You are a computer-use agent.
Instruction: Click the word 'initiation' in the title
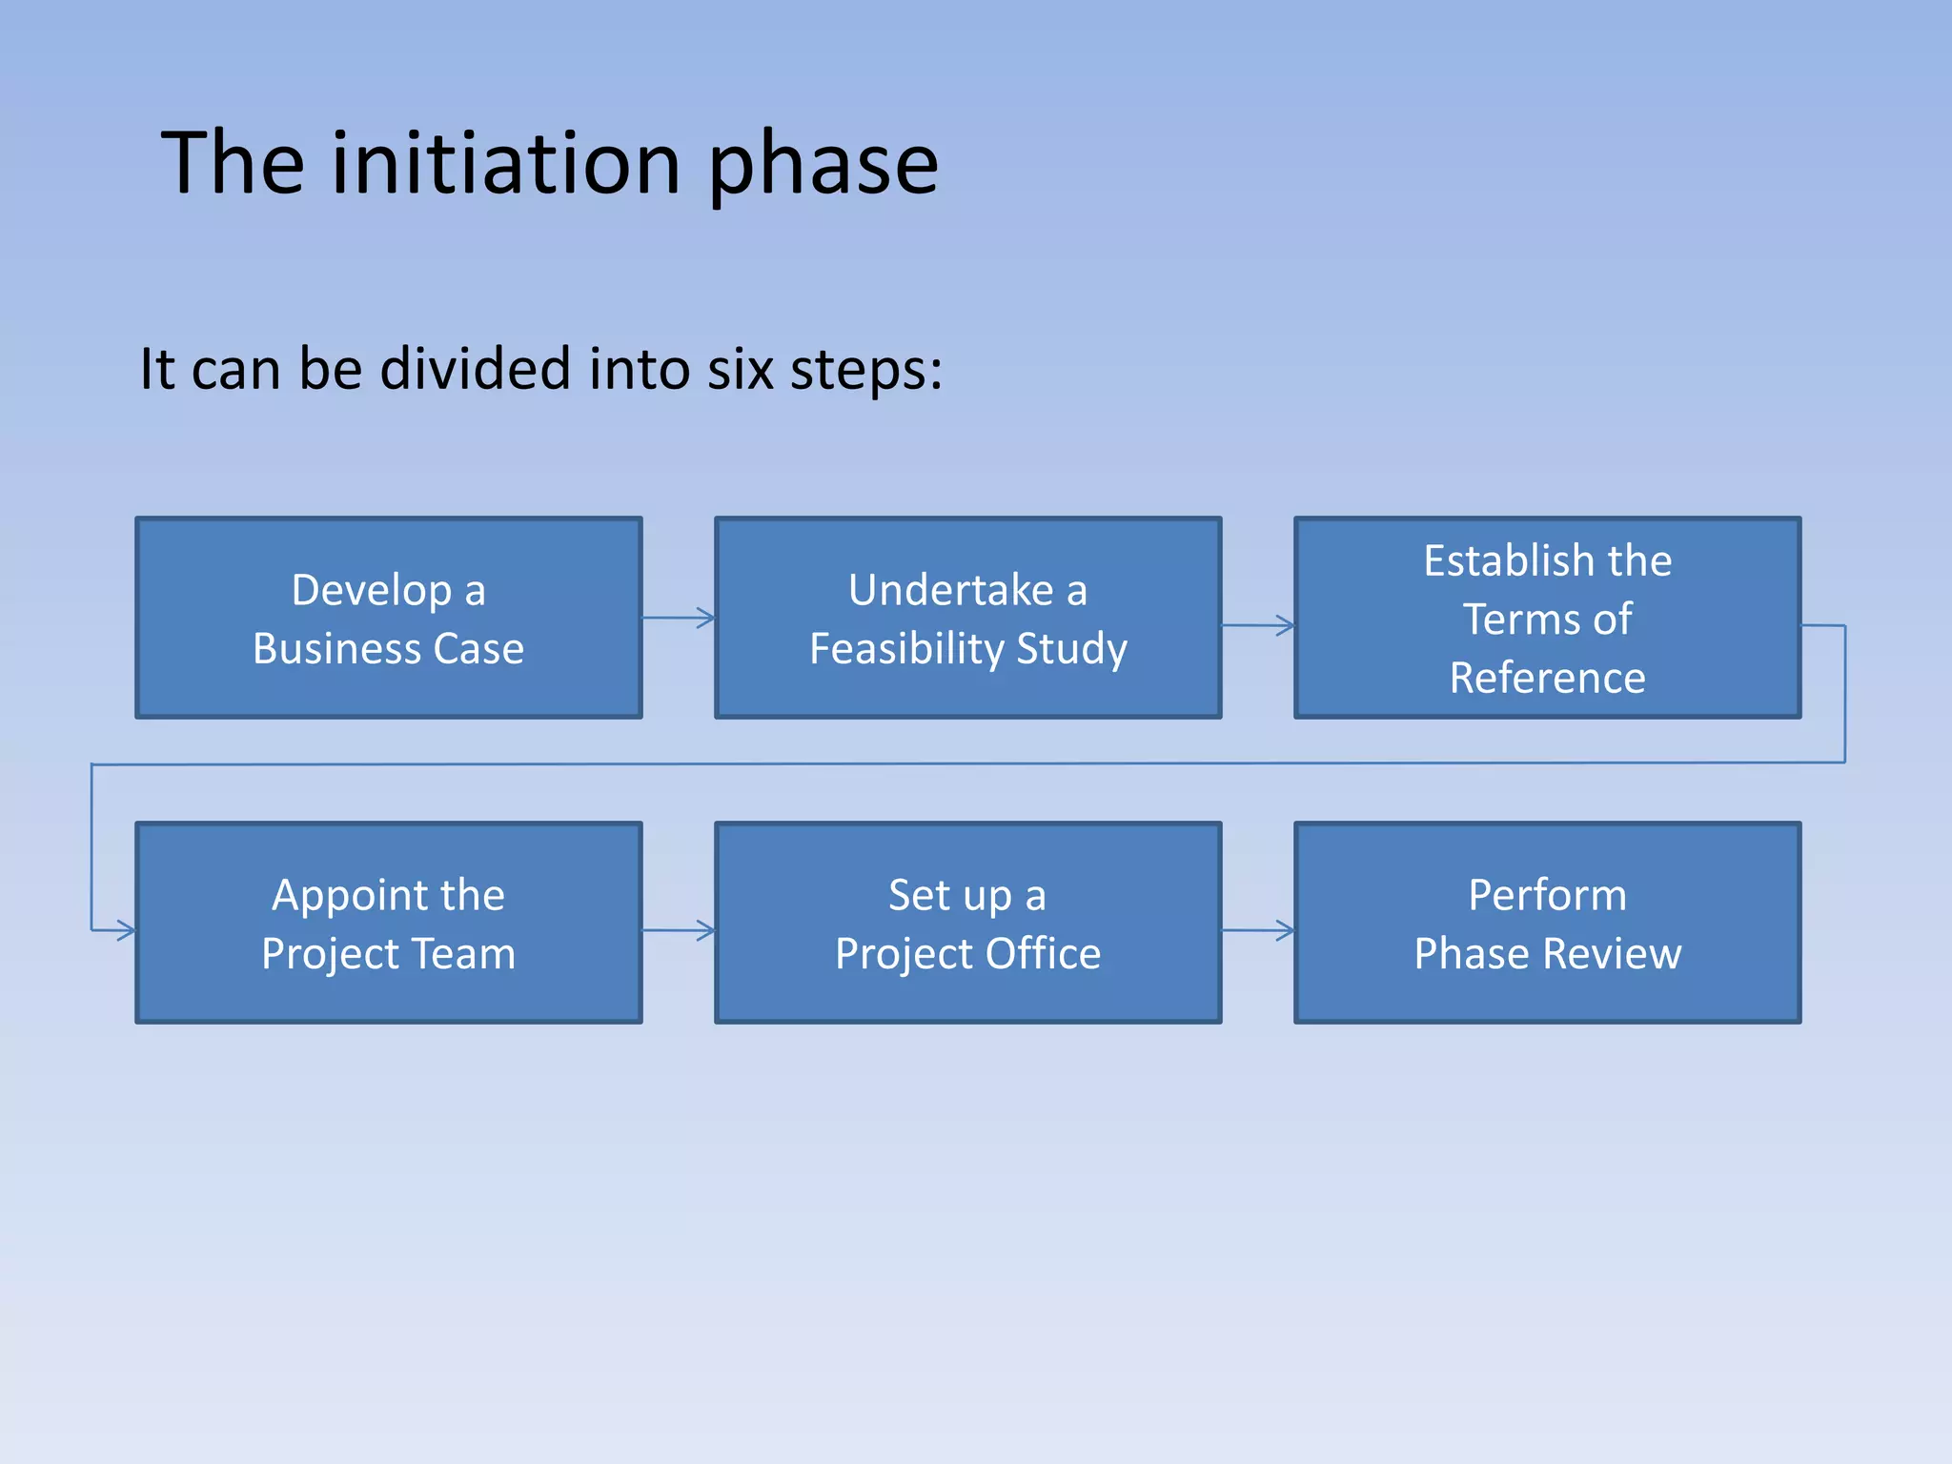click(x=505, y=164)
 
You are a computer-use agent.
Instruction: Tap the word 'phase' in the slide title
click(x=823, y=167)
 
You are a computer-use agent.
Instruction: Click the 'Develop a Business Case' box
click(x=388, y=619)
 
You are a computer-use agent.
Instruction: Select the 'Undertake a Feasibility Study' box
click(x=967, y=619)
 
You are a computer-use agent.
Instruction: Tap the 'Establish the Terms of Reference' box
click(x=1547, y=619)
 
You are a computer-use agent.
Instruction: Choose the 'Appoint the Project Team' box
click(x=388, y=924)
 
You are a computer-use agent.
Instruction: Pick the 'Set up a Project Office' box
click(x=967, y=924)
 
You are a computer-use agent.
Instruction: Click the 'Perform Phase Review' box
click(x=1547, y=924)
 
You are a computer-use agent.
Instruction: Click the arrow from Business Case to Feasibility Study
click(x=679, y=618)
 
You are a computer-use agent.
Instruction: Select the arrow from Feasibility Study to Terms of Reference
click(x=1258, y=626)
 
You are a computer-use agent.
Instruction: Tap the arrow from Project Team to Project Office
click(x=679, y=930)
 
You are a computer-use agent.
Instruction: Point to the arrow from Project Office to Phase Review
click(x=1258, y=930)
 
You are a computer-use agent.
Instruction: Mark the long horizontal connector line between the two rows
click(x=967, y=763)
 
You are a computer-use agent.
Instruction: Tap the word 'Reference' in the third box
click(x=1547, y=678)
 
